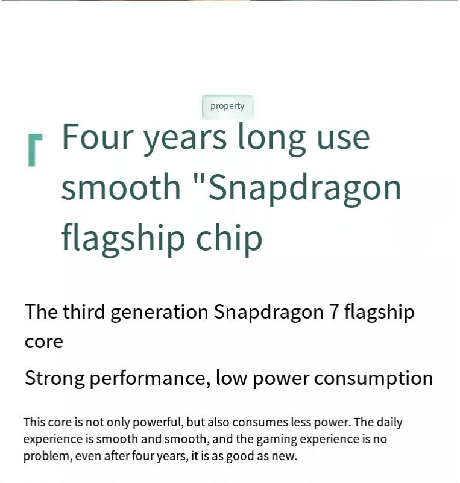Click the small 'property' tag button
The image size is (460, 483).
tap(227, 107)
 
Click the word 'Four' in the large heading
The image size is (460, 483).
tap(97, 137)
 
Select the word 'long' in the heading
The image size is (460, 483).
tap(272, 139)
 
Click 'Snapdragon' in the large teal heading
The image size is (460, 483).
tap(304, 189)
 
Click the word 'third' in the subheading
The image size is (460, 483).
tap(84, 311)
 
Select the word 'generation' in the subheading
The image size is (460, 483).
tap(159, 313)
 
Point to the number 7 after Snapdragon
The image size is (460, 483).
tap(334, 312)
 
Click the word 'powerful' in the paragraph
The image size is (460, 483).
tap(158, 423)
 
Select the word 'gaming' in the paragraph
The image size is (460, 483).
tap(277, 440)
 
